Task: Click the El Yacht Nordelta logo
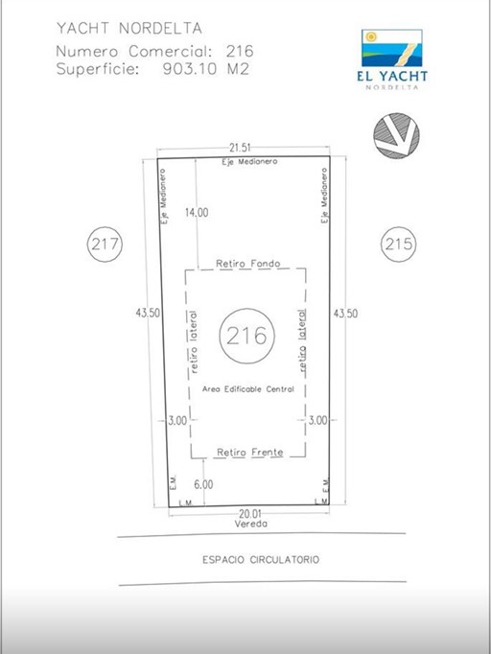(392, 59)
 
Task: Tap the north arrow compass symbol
(396, 135)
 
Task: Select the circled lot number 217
(105, 244)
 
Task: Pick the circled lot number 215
(399, 244)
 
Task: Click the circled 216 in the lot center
(247, 336)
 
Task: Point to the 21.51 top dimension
(240, 148)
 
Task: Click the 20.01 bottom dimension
(250, 513)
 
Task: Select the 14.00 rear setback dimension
(197, 212)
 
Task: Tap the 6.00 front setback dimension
(203, 484)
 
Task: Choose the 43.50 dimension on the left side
(148, 313)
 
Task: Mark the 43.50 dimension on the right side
(345, 314)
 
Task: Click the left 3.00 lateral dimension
(177, 420)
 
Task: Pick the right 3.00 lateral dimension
(317, 420)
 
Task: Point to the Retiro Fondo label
(248, 264)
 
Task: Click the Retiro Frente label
(250, 452)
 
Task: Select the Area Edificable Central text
(248, 389)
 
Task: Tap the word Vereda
(250, 524)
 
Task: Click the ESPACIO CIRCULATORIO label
(261, 559)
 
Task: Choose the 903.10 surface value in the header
(190, 69)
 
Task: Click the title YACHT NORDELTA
(129, 29)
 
